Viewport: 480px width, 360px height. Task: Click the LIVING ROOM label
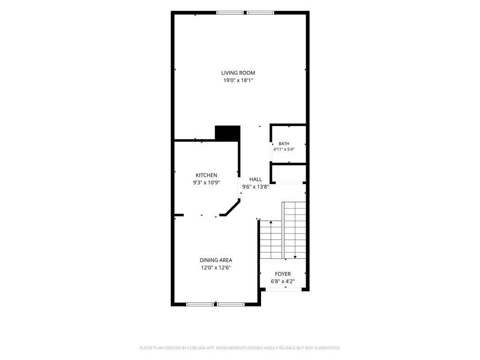[x=238, y=73]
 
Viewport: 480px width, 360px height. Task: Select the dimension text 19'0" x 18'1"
[x=238, y=81]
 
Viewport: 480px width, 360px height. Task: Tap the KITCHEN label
[x=206, y=175]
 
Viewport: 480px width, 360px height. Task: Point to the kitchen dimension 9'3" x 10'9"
[x=206, y=183]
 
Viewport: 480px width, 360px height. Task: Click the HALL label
[x=255, y=180]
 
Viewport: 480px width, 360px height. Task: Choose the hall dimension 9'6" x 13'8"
[x=255, y=187]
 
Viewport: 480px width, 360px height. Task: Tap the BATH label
[x=284, y=143]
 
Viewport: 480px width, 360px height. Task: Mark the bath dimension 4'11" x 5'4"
[x=284, y=150]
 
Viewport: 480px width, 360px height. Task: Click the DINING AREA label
[x=216, y=260]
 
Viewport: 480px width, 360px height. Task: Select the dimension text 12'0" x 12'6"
[x=216, y=268]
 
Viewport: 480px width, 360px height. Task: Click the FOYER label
[x=283, y=274]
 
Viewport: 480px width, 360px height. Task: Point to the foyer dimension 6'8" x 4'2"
[x=283, y=281]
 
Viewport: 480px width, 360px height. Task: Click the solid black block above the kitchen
[x=227, y=133]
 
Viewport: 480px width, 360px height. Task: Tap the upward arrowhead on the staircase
[x=271, y=222]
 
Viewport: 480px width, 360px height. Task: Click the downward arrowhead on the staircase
[x=295, y=257]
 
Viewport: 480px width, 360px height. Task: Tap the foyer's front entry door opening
[x=284, y=289]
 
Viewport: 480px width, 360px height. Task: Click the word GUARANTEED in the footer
[x=328, y=348]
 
